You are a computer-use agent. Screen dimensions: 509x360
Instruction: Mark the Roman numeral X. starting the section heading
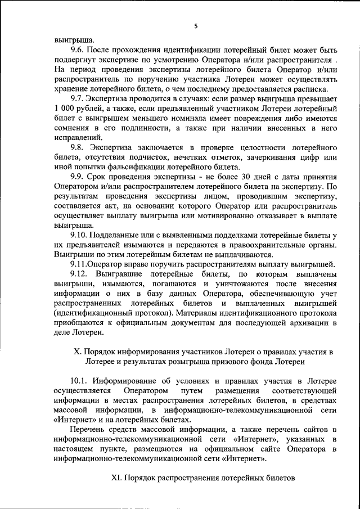[x=79, y=351]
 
